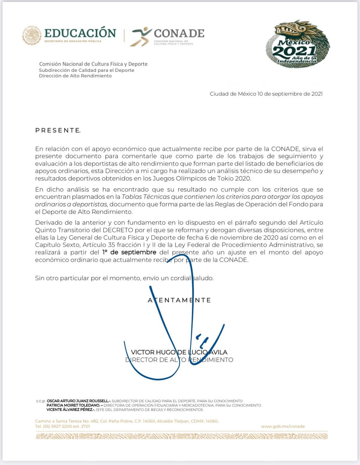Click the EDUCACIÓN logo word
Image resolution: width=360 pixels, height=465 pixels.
(x=80, y=33)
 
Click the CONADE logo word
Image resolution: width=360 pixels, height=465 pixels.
(x=179, y=33)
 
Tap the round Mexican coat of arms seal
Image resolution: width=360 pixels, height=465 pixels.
(x=32, y=35)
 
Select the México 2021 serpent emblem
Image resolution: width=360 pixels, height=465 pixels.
(x=297, y=44)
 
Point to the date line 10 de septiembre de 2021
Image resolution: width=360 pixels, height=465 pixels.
(x=266, y=94)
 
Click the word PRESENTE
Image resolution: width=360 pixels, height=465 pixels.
(x=58, y=130)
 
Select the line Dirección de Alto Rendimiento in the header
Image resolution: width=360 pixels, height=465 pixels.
(x=75, y=76)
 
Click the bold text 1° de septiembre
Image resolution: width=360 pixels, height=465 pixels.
(x=129, y=252)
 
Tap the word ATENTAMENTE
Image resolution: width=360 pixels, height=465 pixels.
(x=179, y=300)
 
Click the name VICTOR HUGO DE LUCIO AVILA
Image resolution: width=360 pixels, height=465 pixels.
(x=179, y=352)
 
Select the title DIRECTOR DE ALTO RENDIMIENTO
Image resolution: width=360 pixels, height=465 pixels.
(x=179, y=360)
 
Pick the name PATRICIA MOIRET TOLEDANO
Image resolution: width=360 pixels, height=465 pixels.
(x=73, y=405)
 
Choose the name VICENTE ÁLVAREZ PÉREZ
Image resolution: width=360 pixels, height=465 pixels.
(x=70, y=410)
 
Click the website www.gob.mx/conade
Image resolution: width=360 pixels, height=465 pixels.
(x=283, y=426)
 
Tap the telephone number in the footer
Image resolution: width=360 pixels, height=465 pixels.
(x=62, y=426)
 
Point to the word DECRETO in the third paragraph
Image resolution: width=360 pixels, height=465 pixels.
(x=118, y=230)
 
